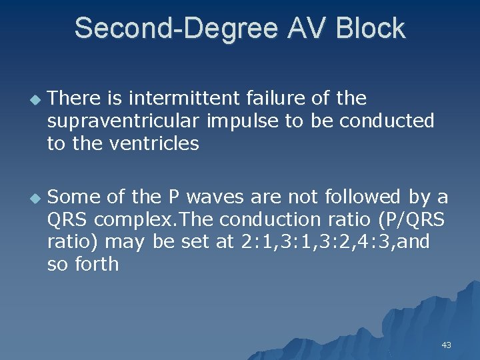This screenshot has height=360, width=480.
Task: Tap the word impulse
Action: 238,121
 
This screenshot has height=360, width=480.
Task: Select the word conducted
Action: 387,121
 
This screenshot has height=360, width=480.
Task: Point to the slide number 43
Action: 446,345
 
